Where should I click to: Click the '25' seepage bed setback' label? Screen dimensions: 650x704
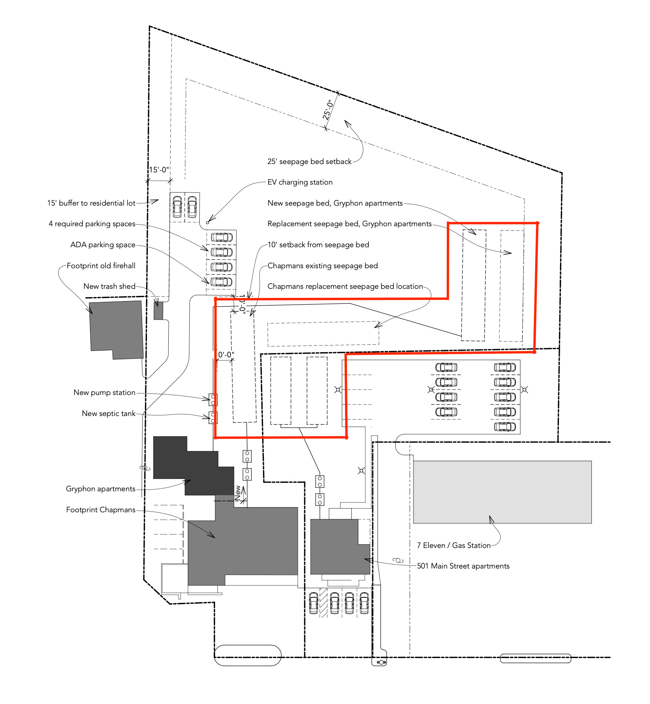tap(309, 162)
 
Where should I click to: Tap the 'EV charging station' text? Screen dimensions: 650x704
tap(300, 182)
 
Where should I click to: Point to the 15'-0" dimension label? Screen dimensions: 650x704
tap(159, 170)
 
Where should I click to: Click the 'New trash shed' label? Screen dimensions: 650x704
tap(109, 286)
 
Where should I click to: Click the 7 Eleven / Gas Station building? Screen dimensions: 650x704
tap(502, 492)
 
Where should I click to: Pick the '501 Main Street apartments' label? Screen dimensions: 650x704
tap(463, 566)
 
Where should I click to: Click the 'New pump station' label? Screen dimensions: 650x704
tap(105, 393)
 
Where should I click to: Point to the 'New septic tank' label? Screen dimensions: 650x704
tap(109, 414)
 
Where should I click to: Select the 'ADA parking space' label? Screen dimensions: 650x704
tap(103, 245)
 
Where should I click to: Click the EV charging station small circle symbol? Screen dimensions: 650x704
tap(208, 223)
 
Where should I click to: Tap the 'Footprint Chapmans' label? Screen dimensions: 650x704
tap(101, 510)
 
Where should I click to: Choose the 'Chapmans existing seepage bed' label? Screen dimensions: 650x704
tap(322, 266)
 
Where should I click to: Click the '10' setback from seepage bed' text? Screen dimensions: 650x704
tap(318, 245)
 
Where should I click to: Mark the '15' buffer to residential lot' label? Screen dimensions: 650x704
tap(91, 203)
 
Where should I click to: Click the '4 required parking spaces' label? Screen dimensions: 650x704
tap(92, 224)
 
